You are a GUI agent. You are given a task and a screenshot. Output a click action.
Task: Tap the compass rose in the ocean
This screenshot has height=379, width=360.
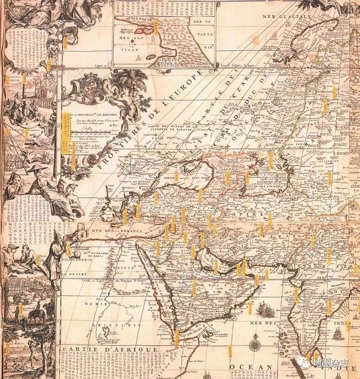(254, 345)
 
